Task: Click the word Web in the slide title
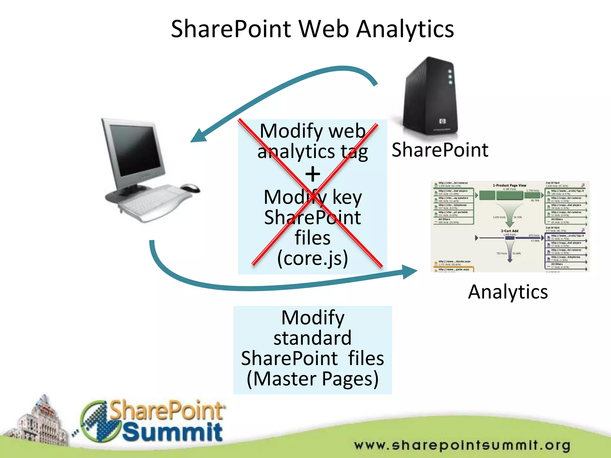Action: (323, 29)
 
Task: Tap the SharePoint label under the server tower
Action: (440, 150)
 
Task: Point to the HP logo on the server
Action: (442, 121)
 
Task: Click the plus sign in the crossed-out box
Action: (313, 174)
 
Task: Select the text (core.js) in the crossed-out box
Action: (313, 258)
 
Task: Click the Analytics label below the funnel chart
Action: (508, 292)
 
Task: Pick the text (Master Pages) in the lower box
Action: (313, 379)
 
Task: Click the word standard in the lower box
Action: (313, 338)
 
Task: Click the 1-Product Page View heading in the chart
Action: (510, 185)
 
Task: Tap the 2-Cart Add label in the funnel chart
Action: (510, 231)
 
